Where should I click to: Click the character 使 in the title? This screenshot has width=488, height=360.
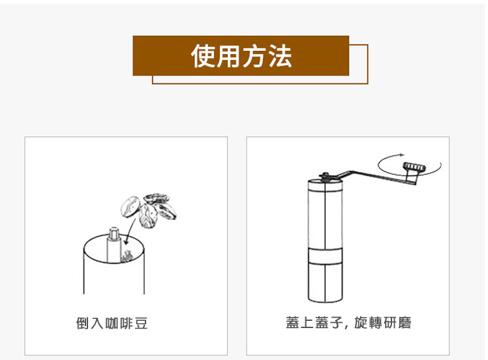203,56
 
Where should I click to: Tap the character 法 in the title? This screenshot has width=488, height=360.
280,56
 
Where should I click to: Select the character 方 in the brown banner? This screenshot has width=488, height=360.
254,56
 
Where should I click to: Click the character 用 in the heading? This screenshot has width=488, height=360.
229,56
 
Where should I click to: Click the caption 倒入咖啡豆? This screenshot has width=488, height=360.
112,323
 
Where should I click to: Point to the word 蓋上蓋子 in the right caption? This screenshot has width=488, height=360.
314,322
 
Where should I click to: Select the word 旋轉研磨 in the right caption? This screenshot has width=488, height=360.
382,322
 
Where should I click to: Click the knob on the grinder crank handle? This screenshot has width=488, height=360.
414,168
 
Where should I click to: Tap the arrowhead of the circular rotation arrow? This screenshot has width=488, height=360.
403,155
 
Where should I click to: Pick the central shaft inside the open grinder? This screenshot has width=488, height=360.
114,245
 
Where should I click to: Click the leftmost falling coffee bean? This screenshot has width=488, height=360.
130,207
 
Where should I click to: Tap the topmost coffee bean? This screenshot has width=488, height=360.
156,198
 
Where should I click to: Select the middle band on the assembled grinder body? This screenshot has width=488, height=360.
326,256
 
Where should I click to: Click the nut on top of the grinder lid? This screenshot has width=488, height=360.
325,176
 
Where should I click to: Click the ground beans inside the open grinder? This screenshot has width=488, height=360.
127,256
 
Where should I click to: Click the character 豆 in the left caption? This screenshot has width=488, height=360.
141,323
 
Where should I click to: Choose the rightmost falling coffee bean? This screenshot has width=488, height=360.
166,211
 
